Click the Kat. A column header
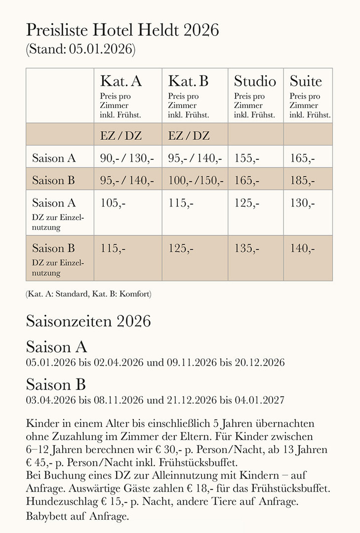[x=121, y=80]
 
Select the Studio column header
[x=255, y=80]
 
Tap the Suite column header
[x=306, y=80]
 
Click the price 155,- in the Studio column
[x=246, y=158]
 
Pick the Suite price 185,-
[x=302, y=181]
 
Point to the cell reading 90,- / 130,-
[x=127, y=158]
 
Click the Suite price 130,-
[x=302, y=203]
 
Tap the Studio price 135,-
[x=246, y=248]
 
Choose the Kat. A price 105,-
[x=113, y=203]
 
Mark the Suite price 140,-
[x=302, y=248]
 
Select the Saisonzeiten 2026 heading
[x=88, y=321]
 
